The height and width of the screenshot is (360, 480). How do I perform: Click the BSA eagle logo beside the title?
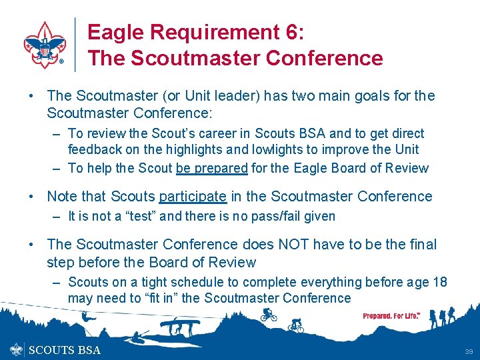click(x=45, y=43)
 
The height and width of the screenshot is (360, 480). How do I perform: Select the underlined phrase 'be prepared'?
click(x=211, y=168)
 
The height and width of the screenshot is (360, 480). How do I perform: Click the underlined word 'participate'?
click(x=193, y=196)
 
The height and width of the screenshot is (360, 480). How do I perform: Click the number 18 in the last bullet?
click(x=439, y=282)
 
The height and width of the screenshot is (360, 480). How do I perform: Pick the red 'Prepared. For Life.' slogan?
click(x=391, y=315)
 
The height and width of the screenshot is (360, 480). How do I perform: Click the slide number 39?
click(x=469, y=351)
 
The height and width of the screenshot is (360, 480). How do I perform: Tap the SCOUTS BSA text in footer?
click(x=65, y=350)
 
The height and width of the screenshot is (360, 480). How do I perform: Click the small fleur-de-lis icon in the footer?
click(x=17, y=349)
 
